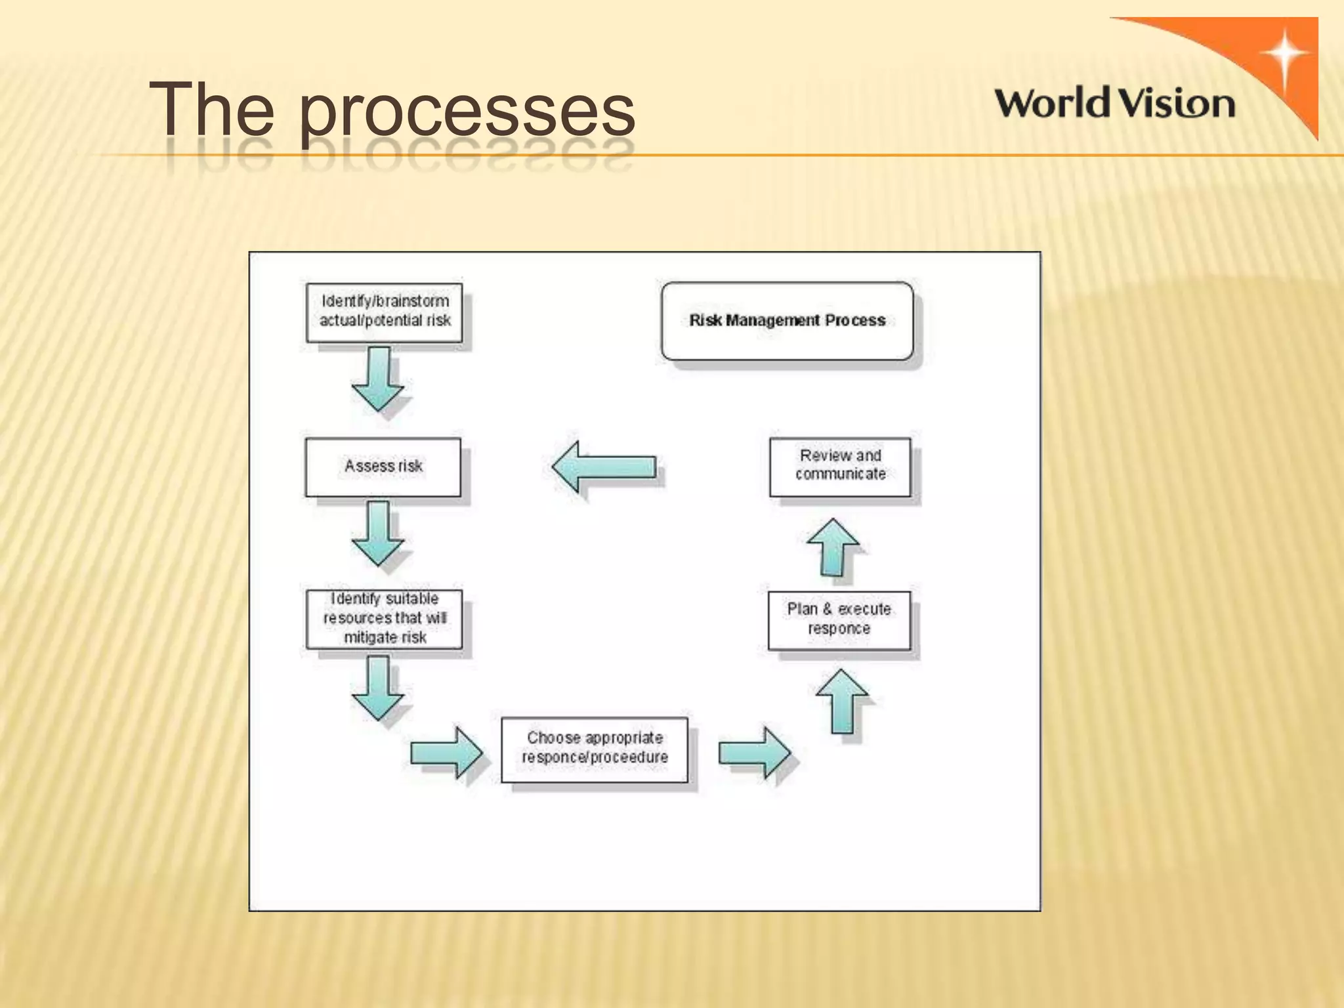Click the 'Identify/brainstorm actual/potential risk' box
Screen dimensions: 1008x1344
pyautogui.click(x=385, y=312)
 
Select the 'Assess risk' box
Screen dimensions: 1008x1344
pyautogui.click(x=383, y=467)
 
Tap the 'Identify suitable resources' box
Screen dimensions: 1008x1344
pyautogui.click(x=385, y=619)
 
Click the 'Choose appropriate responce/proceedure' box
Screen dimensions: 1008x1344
pyautogui.click(x=595, y=749)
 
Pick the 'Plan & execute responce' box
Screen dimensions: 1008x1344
pyautogui.click(x=839, y=619)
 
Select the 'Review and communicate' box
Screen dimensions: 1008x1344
pyautogui.click(x=840, y=466)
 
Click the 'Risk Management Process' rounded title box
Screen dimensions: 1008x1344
pyautogui.click(x=787, y=321)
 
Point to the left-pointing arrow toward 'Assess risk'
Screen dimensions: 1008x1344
pyautogui.click(x=604, y=467)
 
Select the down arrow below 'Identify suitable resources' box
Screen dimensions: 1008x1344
pyautogui.click(x=378, y=687)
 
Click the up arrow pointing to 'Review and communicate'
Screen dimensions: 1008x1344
pyautogui.click(x=833, y=547)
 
